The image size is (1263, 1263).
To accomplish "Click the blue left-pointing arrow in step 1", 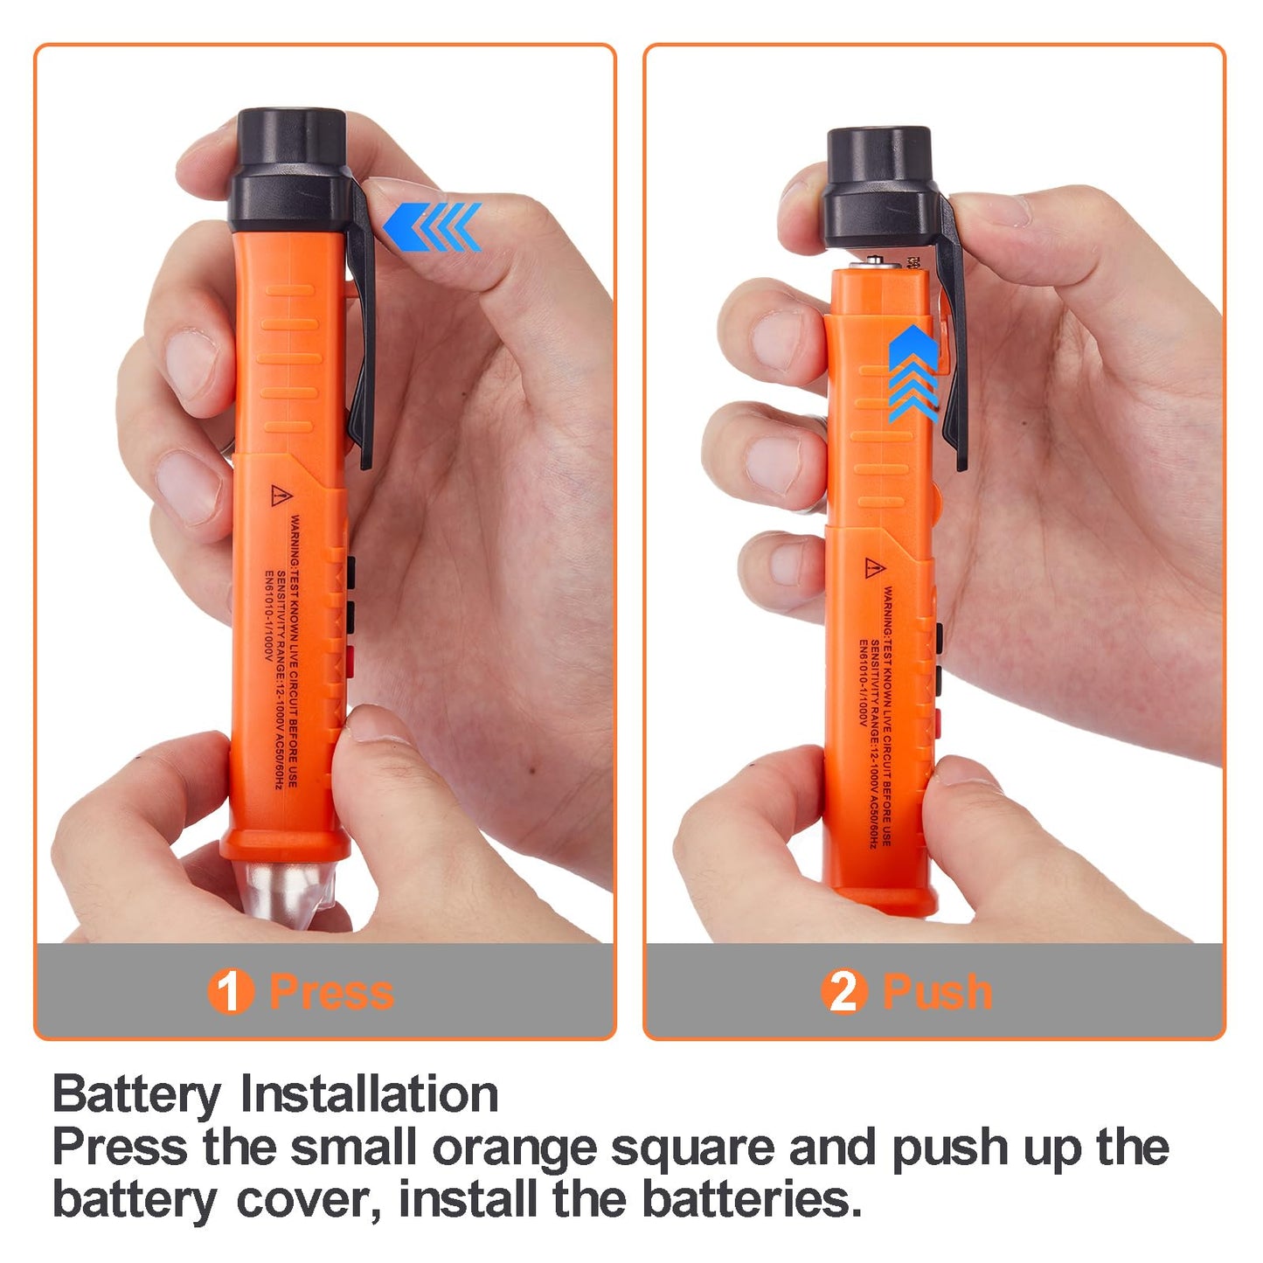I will (x=432, y=226).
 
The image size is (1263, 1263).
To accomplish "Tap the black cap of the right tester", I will (x=879, y=188).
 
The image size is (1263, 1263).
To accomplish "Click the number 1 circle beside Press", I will (x=229, y=991).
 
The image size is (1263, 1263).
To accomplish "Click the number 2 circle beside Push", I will (x=843, y=991).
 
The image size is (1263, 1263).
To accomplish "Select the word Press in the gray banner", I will (x=332, y=992).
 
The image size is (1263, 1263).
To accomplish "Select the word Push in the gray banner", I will (x=937, y=992).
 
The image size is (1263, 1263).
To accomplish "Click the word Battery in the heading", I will (x=137, y=1095).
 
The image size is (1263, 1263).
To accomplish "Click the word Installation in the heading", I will (x=369, y=1093).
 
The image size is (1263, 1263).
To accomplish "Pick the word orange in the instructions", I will (x=514, y=1148).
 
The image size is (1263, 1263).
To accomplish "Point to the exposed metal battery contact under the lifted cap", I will (x=877, y=260).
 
